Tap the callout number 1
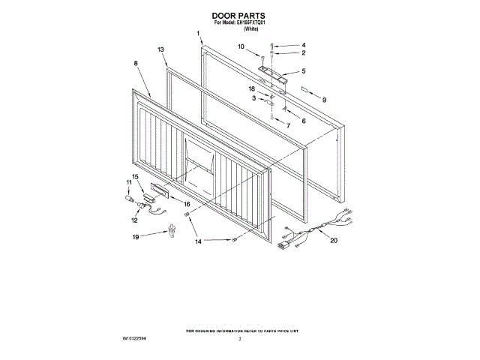199,34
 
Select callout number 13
161,49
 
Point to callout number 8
136,64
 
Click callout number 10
241,46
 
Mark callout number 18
253,88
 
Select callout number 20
334,241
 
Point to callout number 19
136,237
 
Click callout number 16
187,202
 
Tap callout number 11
128,182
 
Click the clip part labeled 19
172,231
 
